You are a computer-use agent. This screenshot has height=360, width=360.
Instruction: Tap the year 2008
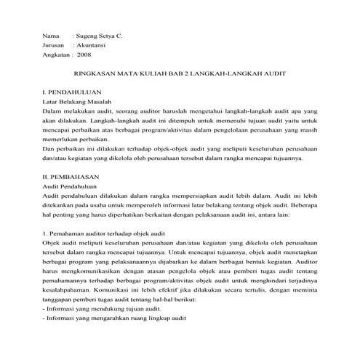pyautogui.click(x=84, y=55)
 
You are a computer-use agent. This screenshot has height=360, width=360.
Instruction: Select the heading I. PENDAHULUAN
pyautogui.click(x=71, y=94)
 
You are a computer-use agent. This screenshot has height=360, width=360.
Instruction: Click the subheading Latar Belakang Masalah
pyautogui.click(x=79, y=103)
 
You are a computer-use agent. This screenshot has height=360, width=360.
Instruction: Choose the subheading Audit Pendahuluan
pyautogui.click(x=72, y=187)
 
